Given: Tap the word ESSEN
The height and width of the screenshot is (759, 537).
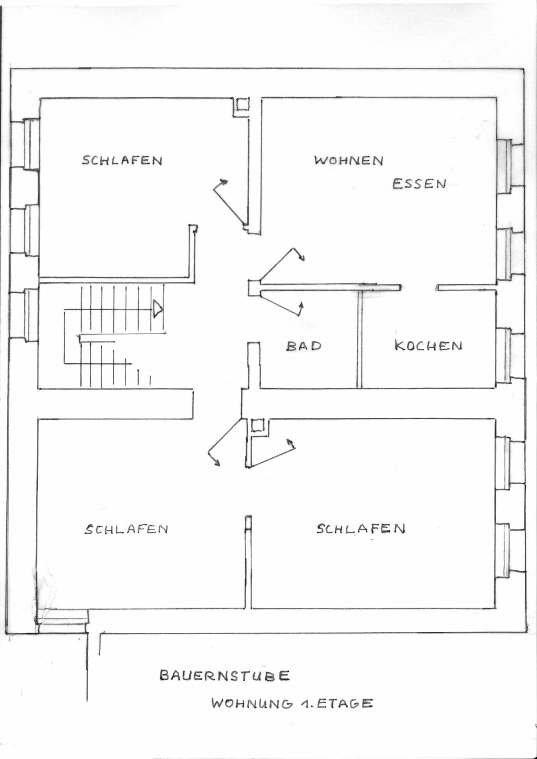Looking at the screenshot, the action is click(419, 183).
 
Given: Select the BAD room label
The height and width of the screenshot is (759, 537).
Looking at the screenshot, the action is click(304, 346).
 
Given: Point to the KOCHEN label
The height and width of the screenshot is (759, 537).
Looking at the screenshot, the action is click(428, 346).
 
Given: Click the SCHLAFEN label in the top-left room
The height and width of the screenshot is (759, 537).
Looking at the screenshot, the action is click(122, 161).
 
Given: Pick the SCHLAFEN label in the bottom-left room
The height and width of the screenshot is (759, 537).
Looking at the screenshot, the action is click(126, 529).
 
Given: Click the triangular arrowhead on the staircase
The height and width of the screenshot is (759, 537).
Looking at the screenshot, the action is click(157, 309).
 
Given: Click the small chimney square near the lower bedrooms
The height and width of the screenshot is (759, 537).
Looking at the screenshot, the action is click(257, 426).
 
